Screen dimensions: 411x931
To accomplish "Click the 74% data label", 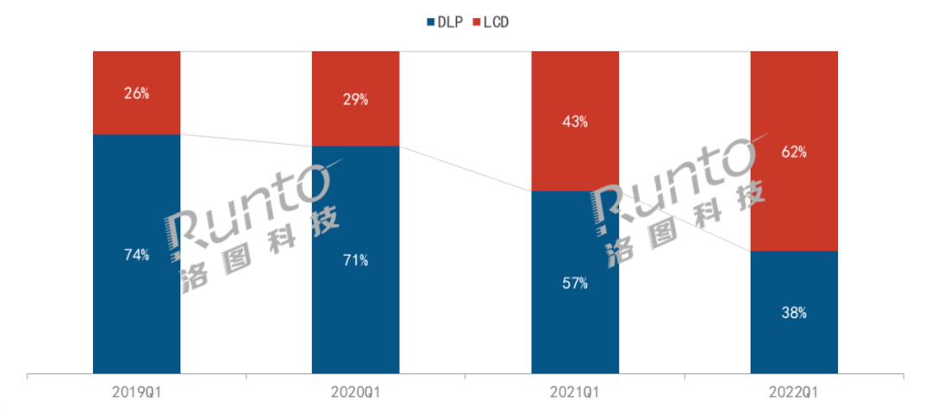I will (x=136, y=254).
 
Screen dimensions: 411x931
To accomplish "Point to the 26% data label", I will (x=136, y=93).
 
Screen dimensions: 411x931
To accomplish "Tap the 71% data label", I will (x=355, y=259).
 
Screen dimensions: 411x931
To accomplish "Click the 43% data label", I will (x=575, y=121).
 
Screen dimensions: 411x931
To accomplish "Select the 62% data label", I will (x=794, y=152).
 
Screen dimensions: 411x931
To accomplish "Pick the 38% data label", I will (x=794, y=313).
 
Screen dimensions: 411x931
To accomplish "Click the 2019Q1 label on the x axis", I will (x=136, y=392).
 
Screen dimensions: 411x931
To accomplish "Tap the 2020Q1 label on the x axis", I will (x=355, y=392).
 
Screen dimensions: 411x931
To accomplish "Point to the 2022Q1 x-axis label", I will (x=794, y=392).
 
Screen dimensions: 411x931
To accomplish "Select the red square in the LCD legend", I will (x=477, y=21).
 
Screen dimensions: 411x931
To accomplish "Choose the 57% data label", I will (x=575, y=283).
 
